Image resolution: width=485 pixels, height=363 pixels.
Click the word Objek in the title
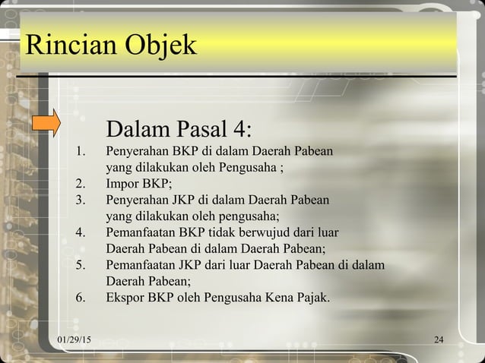pyautogui.click(x=157, y=47)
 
